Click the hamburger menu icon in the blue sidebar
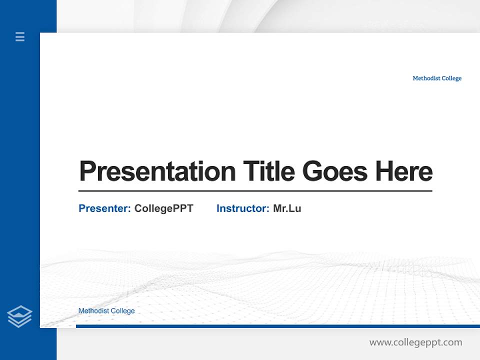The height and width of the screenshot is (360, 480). [x=20, y=36]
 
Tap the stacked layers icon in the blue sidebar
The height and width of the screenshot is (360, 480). [x=19, y=316]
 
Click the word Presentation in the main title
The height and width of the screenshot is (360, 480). [x=157, y=171]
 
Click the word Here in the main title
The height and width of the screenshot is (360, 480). [x=403, y=171]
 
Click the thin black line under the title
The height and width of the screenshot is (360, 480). [x=255, y=190]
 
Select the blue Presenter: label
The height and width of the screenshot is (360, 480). [x=104, y=208]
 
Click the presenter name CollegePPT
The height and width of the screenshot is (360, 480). [x=163, y=208]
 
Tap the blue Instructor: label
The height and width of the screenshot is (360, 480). [x=242, y=208]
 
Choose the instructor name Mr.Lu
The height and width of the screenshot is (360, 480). [x=287, y=208]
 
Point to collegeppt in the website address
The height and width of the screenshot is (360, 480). [x=419, y=343]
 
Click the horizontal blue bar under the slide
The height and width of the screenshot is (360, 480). [x=277, y=326]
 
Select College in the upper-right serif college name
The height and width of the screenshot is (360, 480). [x=451, y=78]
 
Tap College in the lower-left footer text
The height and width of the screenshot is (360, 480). [x=123, y=311]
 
